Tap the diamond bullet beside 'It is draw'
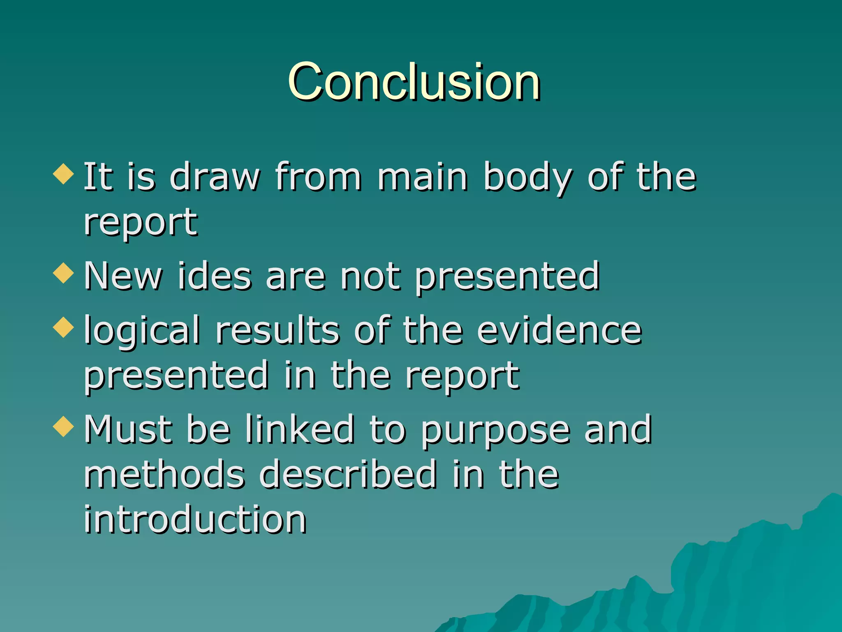(x=63, y=174)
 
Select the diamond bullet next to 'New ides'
(x=63, y=273)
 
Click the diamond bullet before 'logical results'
(x=63, y=328)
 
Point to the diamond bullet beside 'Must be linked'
(x=63, y=426)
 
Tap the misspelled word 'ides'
(x=214, y=276)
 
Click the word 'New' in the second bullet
(x=123, y=276)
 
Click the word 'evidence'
(x=559, y=330)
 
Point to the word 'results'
(x=278, y=330)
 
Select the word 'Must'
(x=128, y=430)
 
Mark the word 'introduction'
(x=195, y=519)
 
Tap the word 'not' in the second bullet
(x=370, y=276)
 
